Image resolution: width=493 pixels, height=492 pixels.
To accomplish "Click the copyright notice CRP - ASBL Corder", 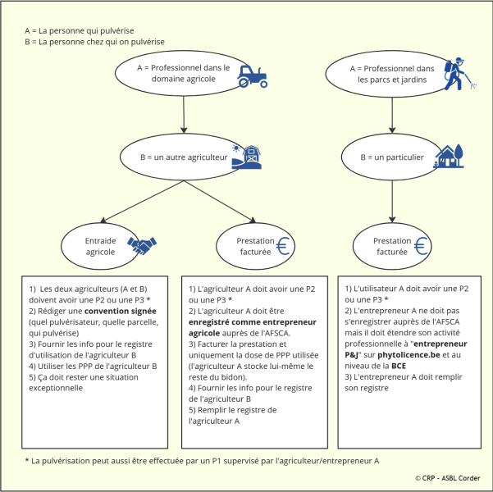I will pyautogui.click(x=447, y=477).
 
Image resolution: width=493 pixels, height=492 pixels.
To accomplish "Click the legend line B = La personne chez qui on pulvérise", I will pyautogui.click(x=95, y=41).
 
